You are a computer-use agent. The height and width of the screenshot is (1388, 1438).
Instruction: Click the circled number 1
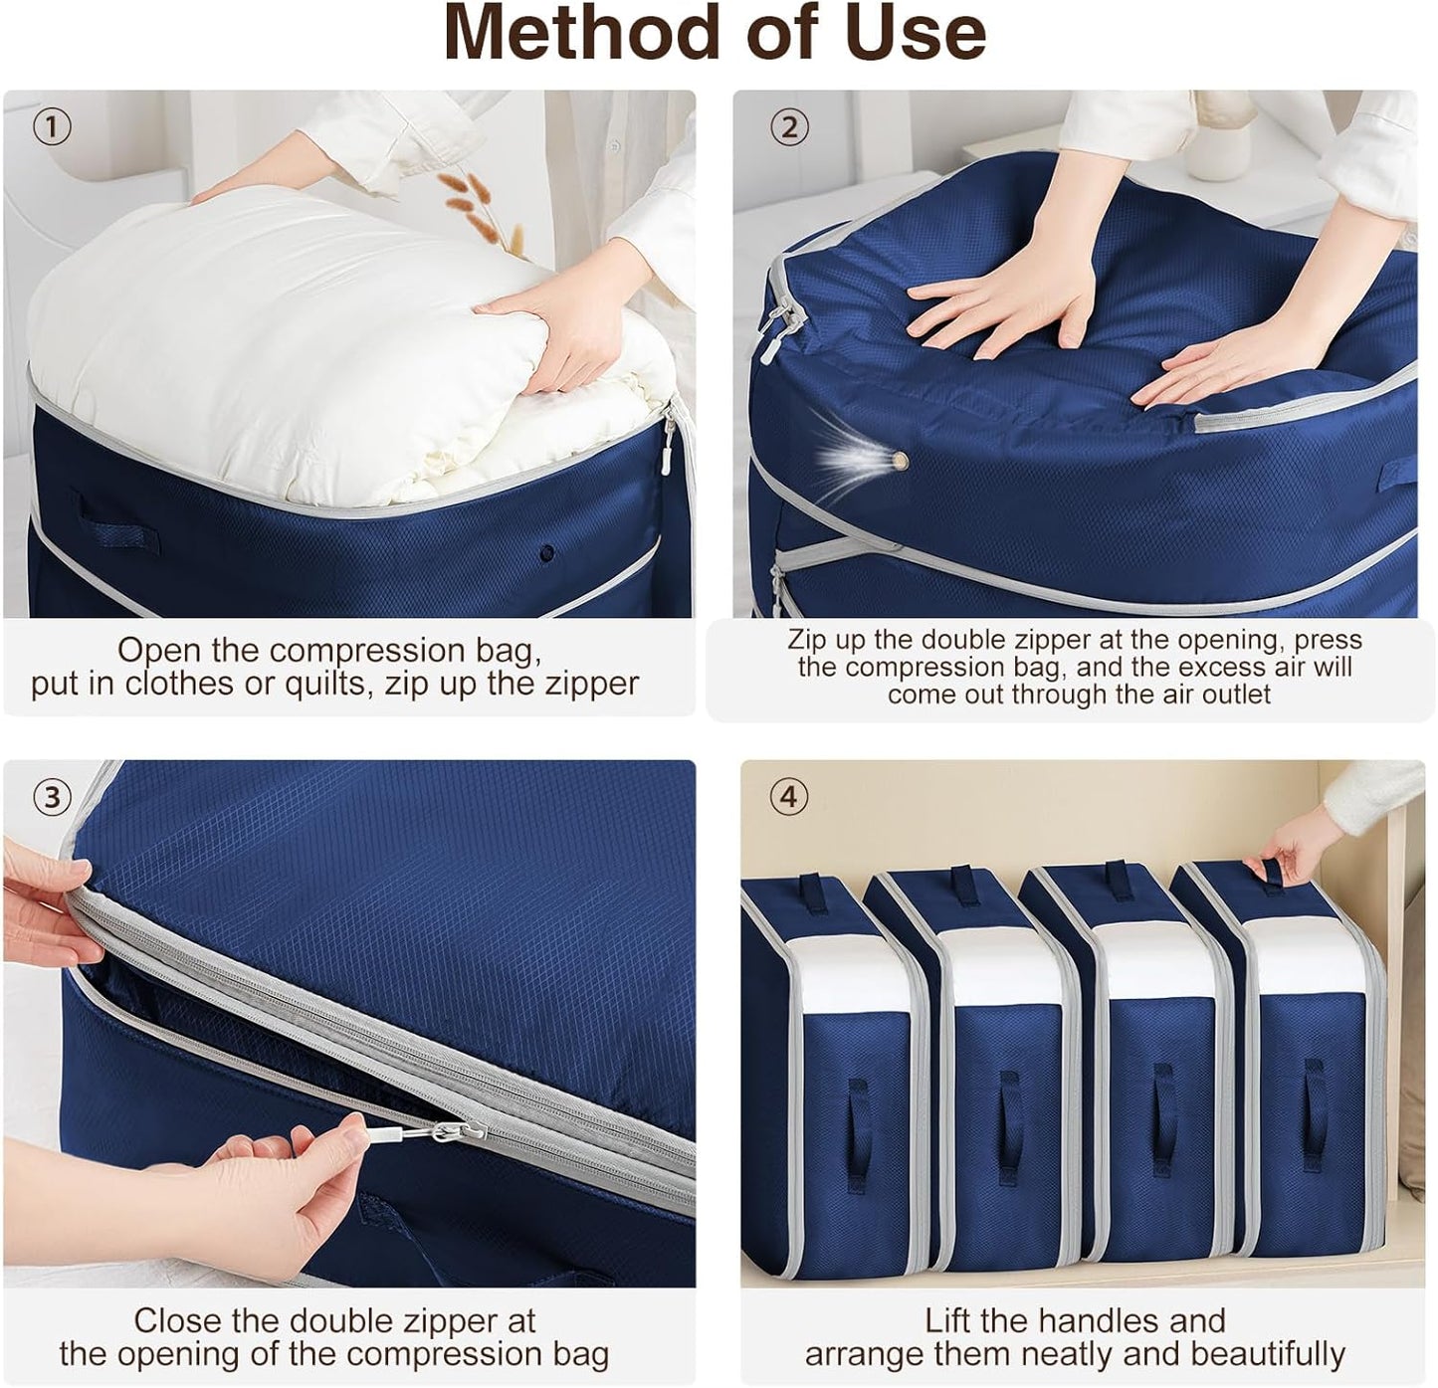[x=52, y=126]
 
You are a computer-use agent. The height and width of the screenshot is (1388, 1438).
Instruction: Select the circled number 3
[x=52, y=796]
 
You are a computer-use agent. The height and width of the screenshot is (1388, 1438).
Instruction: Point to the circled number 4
[x=789, y=797]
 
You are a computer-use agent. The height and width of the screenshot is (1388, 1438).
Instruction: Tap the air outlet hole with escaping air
[x=900, y=460]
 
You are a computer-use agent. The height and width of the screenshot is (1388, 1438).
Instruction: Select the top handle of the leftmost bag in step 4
[x=818, y=886]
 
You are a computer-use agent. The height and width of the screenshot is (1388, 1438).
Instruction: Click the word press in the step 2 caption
[x=1328, y=639]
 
